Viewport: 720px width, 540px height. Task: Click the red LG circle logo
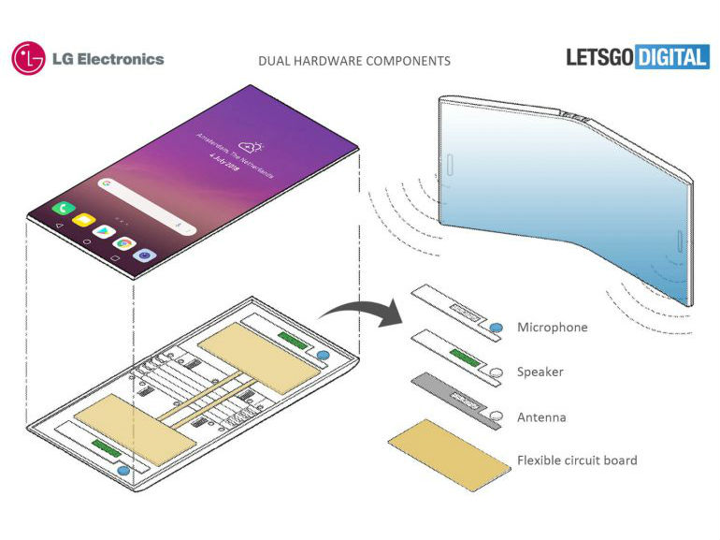29,58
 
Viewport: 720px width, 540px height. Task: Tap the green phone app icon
65,208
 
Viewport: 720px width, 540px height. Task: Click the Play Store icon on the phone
102,232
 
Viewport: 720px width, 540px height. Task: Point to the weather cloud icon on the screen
249,145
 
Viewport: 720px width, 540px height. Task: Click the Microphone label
552,328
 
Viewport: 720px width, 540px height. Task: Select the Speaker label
540,372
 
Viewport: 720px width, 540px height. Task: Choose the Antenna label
541,417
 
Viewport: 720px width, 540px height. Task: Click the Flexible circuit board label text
577,460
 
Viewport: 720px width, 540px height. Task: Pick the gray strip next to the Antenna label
453,400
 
